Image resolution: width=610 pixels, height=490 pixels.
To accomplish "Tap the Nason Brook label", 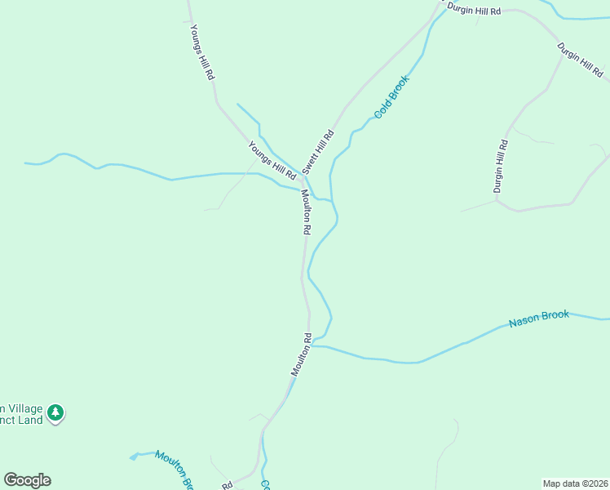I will pyautogui.click(x=538, y=318).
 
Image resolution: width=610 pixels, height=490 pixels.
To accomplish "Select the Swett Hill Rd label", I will pyautogui.click(x=318, y=151).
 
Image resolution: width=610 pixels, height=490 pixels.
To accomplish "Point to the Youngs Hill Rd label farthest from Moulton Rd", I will pyautogui.click(x=201, y=51).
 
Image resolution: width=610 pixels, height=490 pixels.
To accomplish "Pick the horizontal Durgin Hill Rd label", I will pyautogui.click(x=473, y=11).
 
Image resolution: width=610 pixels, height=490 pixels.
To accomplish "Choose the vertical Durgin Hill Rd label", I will pyautogui.click(x=501, y=167).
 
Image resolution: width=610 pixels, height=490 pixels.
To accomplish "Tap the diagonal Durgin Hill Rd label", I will pyautogui.click(x=579, y=60).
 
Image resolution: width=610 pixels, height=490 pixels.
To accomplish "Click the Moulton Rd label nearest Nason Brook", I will pyautogui.click(x=302, y=354).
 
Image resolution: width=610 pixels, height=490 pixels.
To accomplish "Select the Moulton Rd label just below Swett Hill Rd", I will pyautogui.click(x=306, y=213).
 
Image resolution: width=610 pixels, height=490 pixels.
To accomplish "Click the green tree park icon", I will pyautogui.click(x=55, y=412).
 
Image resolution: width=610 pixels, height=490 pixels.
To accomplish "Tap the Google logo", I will pyautogui.click(x=27, y=480).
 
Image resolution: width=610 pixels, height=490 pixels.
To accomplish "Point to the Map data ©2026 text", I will pyautogui.click(x=575, y=483).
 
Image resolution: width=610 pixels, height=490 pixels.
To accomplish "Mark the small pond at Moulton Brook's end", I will pyautogui.click(x=133, y=457).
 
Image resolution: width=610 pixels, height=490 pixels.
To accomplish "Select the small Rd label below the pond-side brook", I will pyautogui.click(x=227, y=485).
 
